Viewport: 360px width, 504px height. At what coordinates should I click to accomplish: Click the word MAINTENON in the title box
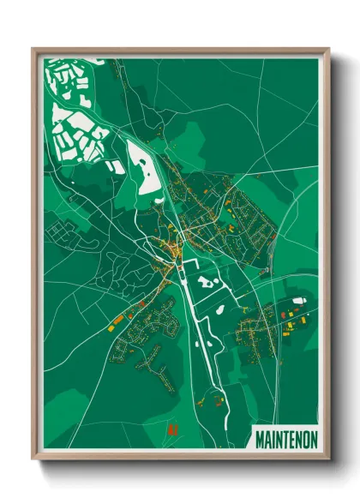coord(285,438)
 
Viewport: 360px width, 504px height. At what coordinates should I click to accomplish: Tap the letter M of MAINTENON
coord(260,438)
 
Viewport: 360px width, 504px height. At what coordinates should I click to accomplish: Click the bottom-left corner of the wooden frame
coord(33,460)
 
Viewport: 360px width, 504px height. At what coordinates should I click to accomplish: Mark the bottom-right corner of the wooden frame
coord(328,460)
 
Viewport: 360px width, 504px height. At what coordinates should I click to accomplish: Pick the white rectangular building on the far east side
coord(298,301)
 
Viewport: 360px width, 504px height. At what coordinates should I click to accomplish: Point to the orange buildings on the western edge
coord(117,320)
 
